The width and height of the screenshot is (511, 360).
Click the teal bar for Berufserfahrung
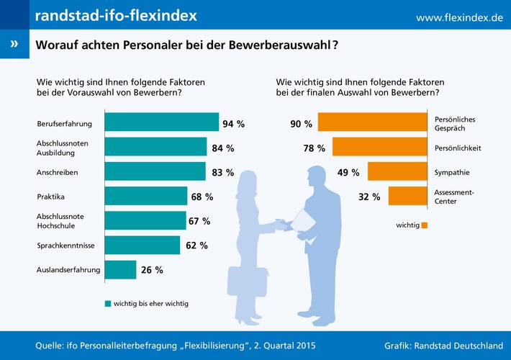(161, 123)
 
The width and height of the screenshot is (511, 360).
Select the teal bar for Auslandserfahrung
(120, 270)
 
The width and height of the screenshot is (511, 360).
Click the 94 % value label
(233, 124)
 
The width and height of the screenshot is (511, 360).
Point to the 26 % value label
(151, 270)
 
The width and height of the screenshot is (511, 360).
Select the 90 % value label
(301, 124)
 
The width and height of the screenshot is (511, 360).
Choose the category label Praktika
(50, 196)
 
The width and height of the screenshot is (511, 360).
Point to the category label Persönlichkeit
(458, 148)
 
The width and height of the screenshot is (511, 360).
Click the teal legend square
(108, 303)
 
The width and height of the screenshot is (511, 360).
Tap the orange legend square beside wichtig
(425, 225)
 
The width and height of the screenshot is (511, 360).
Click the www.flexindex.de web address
(459, 17)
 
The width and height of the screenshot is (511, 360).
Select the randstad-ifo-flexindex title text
(116, 15)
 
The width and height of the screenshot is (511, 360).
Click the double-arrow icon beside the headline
(14, 45)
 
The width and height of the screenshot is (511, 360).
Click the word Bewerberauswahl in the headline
(285, 45)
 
